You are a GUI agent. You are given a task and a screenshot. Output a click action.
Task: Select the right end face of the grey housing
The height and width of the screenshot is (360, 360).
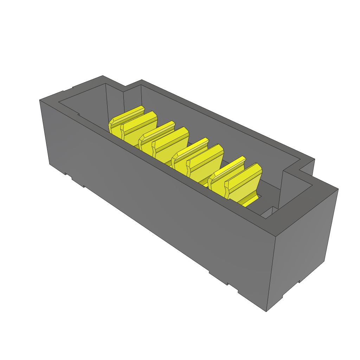(302, 246)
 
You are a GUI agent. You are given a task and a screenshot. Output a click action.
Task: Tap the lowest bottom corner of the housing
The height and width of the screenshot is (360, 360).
(266, 311)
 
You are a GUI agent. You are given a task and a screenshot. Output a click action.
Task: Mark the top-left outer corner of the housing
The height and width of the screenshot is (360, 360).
(40, 101)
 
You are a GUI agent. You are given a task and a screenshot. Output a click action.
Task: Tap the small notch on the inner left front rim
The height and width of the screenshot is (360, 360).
(78, 114)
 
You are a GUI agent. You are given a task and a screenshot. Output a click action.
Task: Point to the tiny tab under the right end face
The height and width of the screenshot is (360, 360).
(299, 281)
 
